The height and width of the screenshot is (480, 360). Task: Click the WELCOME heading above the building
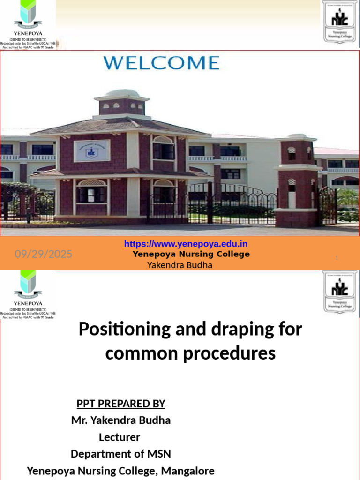point(161,63)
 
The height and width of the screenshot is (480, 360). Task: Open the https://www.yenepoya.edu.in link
point(185,244)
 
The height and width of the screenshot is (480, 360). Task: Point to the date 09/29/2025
point(44,254)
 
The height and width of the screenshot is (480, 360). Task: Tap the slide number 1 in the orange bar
point(337,258)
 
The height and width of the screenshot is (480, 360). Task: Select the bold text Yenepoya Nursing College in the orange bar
point(191,254)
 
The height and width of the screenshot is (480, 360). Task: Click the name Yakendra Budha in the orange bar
point(180,265)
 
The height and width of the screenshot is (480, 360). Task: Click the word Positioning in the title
point(118,329)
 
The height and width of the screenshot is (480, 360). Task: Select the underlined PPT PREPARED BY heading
point(121,404)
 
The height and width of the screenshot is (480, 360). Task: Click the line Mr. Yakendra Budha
point(121,420)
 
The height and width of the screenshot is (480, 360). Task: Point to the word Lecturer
point(120,437)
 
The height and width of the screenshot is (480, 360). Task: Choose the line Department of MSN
point(121,454)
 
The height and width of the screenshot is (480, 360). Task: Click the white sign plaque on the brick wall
point(92,150)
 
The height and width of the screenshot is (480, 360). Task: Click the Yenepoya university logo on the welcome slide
point(28,23)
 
